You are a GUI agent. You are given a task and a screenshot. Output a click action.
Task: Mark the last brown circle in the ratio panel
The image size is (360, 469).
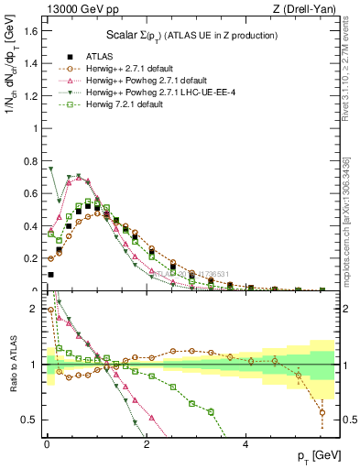click(322, 412)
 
